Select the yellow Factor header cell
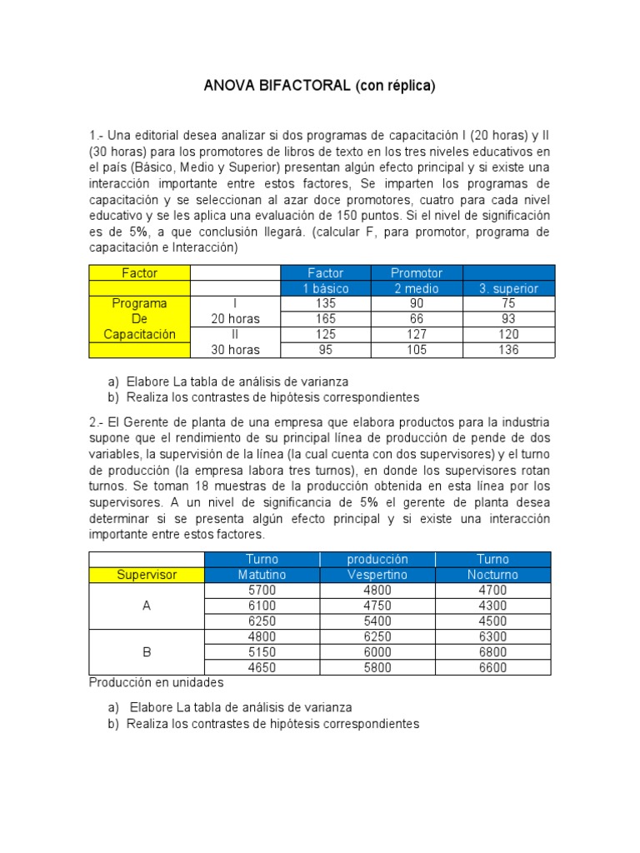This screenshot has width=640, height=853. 139,272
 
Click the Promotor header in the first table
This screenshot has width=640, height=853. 417,272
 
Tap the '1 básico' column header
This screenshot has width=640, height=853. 325,288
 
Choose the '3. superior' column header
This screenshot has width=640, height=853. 508,288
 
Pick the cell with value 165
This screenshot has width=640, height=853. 325,319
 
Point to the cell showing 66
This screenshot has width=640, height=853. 417,319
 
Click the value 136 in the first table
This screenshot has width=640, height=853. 508,350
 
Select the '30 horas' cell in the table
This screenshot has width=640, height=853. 235,350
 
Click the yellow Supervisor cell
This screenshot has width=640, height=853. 147,575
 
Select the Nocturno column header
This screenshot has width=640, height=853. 492,575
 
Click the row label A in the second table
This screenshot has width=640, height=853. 147,606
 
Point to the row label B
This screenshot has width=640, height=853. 147,652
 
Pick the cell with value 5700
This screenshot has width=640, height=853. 262,590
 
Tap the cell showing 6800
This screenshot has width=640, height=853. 492,652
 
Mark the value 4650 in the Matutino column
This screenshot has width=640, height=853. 262,667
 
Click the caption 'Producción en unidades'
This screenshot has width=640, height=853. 156,683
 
